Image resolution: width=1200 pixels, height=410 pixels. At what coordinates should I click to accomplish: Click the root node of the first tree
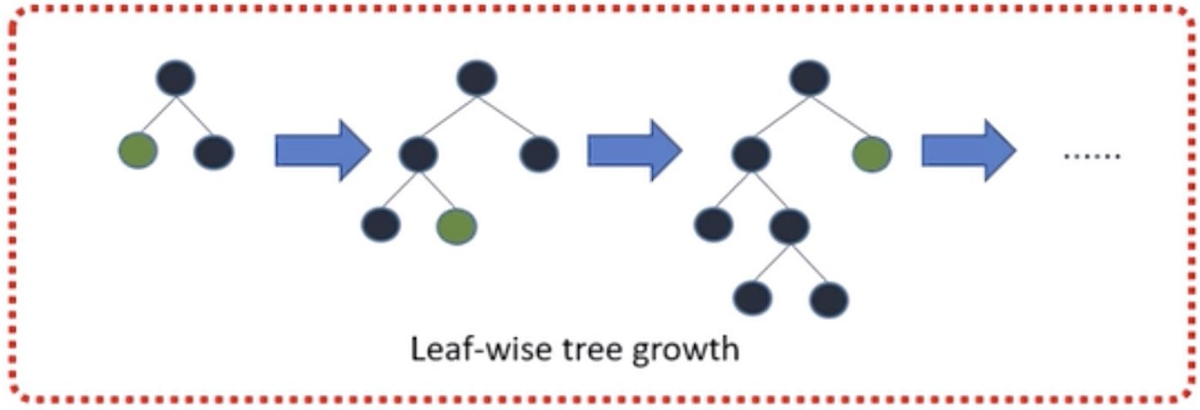tap(176, 78)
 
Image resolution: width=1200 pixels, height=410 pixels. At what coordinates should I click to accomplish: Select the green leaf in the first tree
tap(138, 150)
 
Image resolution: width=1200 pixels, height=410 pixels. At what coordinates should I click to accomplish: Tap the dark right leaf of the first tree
tap(214, 152)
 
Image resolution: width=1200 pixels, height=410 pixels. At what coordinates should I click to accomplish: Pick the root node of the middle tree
tap(476, 78)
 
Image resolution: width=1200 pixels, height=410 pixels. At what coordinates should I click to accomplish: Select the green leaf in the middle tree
tap(456, 227)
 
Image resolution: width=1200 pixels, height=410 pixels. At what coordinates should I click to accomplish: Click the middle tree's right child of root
tap(539, 153)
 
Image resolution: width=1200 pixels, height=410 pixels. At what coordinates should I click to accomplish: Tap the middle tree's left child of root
tap(418, 154)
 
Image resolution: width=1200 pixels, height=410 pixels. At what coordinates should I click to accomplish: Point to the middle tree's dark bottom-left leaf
tap(381, 224)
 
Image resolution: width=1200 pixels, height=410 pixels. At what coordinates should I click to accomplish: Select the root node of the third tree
tap(810, 78)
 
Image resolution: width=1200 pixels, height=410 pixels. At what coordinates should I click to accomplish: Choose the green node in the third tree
tap(872, 154)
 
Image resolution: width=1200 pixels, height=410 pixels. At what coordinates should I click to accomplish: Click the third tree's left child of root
tap(750, 154)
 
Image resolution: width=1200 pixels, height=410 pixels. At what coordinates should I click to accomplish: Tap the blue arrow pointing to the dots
tap(968, 150)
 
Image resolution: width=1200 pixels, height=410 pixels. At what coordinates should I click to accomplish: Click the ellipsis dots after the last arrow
tap(1092, 156)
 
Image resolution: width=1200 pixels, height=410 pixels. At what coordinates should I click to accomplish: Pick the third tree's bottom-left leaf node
tap(752, 297)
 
